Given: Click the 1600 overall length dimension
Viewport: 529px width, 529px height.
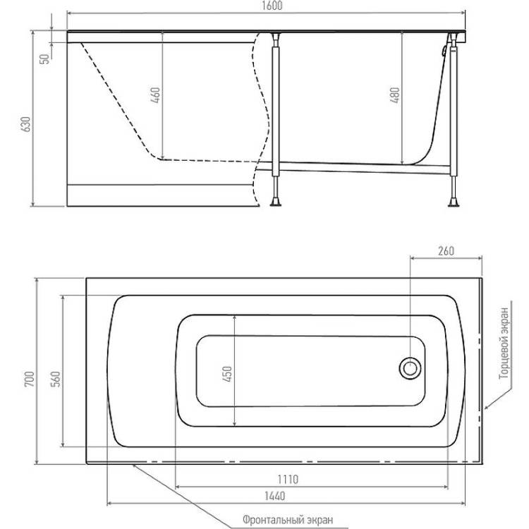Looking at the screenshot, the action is [272, 6].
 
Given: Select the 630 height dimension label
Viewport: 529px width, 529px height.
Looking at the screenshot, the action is [25, 124].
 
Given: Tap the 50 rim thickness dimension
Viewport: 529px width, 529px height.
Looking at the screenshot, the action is [44, 59].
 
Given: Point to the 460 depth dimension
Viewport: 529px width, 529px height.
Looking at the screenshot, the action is [155, 95].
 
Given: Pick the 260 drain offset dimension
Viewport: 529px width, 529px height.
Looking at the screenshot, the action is [446, 251].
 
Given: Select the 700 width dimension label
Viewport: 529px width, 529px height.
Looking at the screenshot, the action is [30, 379].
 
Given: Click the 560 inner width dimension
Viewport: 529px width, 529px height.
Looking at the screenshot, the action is [56, 379].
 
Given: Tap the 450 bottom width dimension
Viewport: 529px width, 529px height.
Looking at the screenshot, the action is [228, 374].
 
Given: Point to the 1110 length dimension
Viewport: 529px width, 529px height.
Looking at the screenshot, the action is [288, 479].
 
